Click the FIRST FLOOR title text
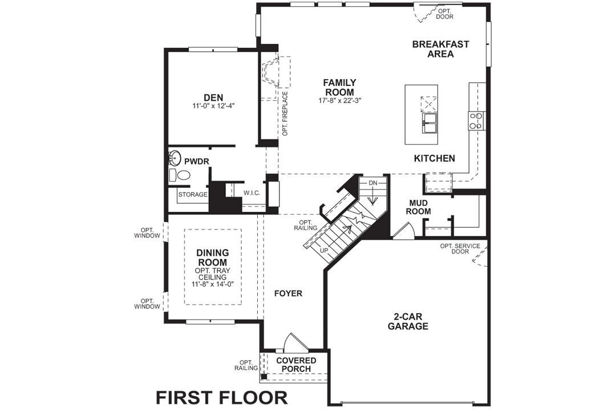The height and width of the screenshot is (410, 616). pyautogui.click(x=221, y=396)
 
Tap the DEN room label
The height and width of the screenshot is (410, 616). pyautogui.click(x=213, y=97)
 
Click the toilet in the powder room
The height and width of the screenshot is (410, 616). pyautogui.click(x=183, y=175)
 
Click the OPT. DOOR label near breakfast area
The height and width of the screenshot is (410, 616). pyautogui.click(x=444, y=14)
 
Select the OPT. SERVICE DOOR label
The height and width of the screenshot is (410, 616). pyautogui.click(x=460, y=249)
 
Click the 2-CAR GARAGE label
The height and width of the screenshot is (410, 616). pyautogui.click(x=408, y=321)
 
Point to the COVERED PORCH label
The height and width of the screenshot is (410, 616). pyautogui.click(x=296, y=364)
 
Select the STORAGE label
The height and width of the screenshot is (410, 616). pyautogui.click(x=192, y=195)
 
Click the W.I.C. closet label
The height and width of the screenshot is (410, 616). pyautogui.click(x=252, y=193)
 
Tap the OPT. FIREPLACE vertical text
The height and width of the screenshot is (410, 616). pyautogui.click(x=284, y=113)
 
